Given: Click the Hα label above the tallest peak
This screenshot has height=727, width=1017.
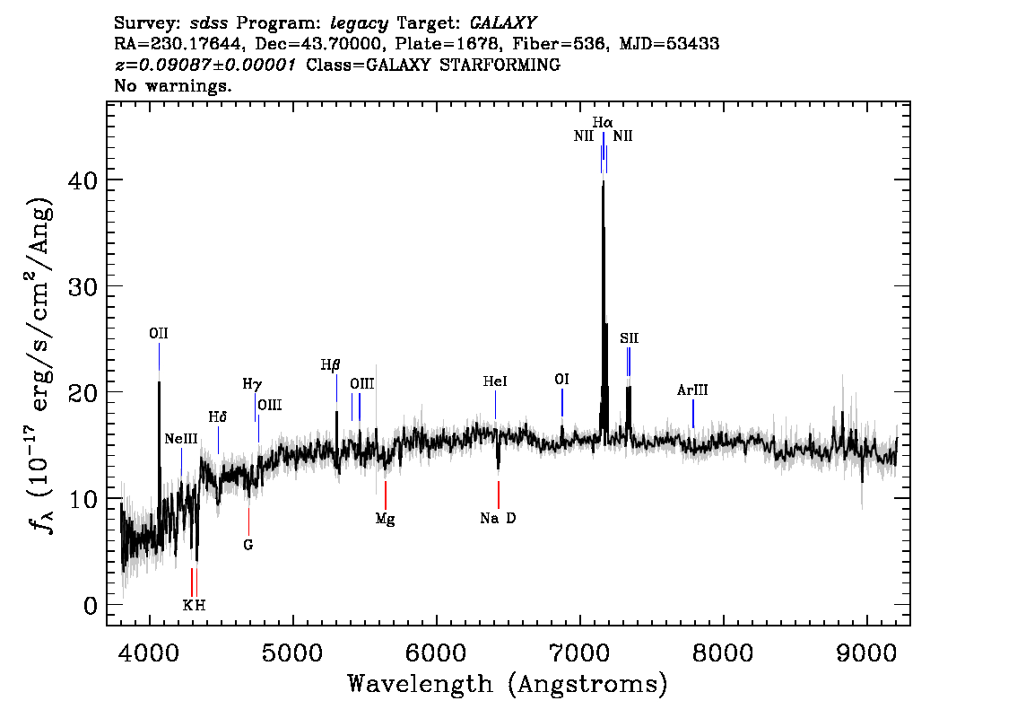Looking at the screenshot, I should click(603, 121).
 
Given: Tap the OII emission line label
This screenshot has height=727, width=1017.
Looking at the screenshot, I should click(159, 334).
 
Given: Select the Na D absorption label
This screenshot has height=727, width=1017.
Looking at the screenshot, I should click(498, 519).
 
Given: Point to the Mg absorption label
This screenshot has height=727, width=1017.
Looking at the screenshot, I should click(385, 519).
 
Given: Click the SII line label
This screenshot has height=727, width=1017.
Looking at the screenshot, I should click(629, 338).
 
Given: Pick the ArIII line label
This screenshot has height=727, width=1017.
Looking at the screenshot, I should click(692, 390).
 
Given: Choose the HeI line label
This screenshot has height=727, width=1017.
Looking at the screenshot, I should click(495, 381).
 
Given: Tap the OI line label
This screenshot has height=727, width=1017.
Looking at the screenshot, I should click(562, 380).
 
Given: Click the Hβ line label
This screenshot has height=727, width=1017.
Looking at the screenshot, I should click(331, 365).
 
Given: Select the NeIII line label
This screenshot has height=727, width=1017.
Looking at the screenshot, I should click(181, 439).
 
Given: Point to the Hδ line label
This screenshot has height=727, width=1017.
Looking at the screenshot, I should click(218, 417).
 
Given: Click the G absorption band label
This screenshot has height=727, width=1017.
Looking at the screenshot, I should click(248, 544).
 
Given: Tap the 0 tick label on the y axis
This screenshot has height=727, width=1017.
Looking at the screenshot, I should click(90, 605).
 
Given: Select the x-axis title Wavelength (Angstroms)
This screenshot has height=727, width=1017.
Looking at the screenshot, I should click(508, 685).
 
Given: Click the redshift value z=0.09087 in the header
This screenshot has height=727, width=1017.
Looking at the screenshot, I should click(205, 66).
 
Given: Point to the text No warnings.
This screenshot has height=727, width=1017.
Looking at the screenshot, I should click(173, 86).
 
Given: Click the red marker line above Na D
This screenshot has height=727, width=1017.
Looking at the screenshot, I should click(498, 495).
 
